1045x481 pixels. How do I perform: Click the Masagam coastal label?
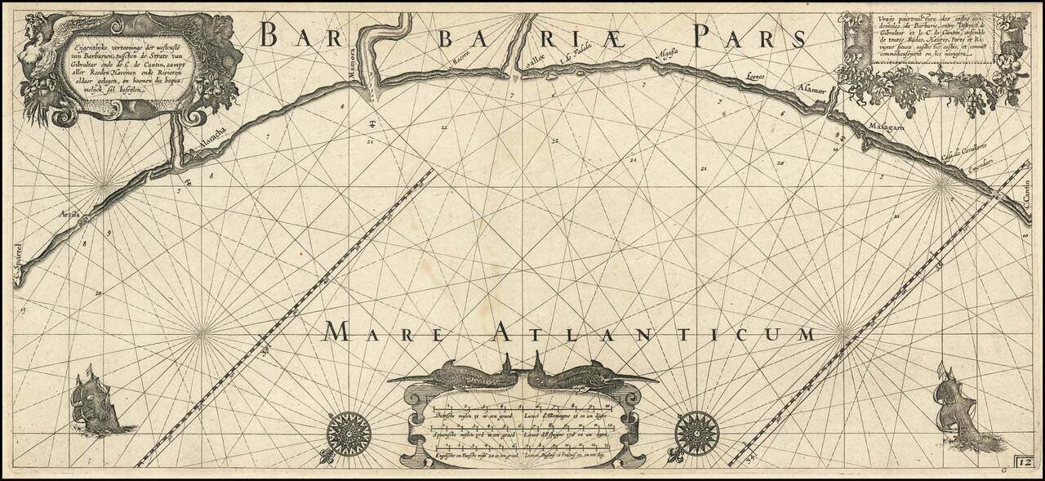coord(885,129)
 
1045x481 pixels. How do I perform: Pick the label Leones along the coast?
coord(758,78)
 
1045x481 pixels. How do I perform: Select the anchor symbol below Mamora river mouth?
coord(371,124)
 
